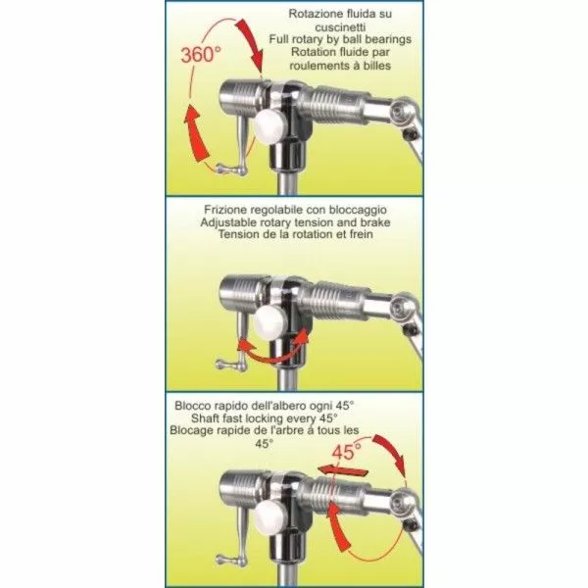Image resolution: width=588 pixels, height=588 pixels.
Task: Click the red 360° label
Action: pyautogui.click(x=200, y=54)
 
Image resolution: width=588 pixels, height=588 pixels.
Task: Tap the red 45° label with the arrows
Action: pyautogui.click(x=347, y=451)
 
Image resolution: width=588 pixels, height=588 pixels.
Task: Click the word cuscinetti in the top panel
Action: pyautogui.click(x=340, y=27)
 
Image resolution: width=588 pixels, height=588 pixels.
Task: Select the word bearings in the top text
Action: pyautogui.click(x=388, y=40)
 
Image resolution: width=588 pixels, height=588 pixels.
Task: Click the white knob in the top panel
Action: pyautogui.click(x=269, y=126)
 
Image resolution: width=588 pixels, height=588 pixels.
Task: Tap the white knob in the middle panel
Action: pyautogui.click(x=269, y=321)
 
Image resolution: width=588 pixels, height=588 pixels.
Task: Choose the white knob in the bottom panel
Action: pyautogui.click(x=269, y=517)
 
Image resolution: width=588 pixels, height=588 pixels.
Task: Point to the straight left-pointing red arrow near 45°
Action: pyautogui.click(x=340, y=470)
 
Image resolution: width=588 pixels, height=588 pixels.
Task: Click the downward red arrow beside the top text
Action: pyautogui.click(x=251, y=44)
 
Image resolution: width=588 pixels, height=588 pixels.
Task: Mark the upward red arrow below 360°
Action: pyautogui.click(x=196, y=133)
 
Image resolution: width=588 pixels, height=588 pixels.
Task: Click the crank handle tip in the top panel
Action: pyautogui.click(x=220, y=169)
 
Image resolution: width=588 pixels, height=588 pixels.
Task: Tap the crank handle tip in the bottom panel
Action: pyautogui.click(x=220, y=560)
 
